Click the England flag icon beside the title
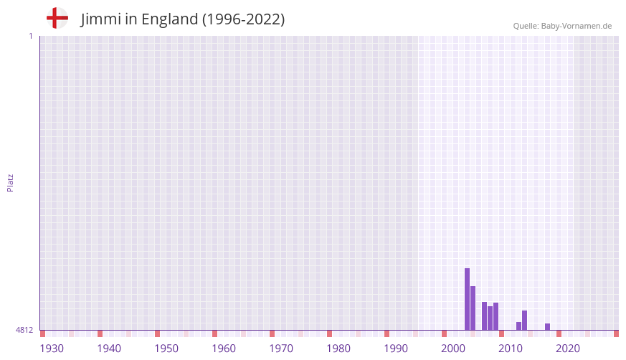coord(57,19)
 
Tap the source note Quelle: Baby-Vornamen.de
coord(562,26)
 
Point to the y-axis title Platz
coord(10,182)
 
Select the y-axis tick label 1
coord(30,36)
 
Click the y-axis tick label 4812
coord(24,330)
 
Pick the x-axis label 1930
coord(52,349)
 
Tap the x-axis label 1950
coord(166,349)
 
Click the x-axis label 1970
coord(281,349)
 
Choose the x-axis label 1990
coord(396,349)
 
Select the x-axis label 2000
coord(453,349)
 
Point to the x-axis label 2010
coord(511,349)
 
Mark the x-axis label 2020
coord(568,349)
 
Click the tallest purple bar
coord(467,299)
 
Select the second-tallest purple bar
coord(473,308)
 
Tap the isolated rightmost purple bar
coord(547,327)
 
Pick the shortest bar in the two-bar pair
coord(518,326)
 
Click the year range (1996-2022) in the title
coord(243,19)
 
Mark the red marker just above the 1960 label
coord(214,333)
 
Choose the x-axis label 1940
coord(109,349)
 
